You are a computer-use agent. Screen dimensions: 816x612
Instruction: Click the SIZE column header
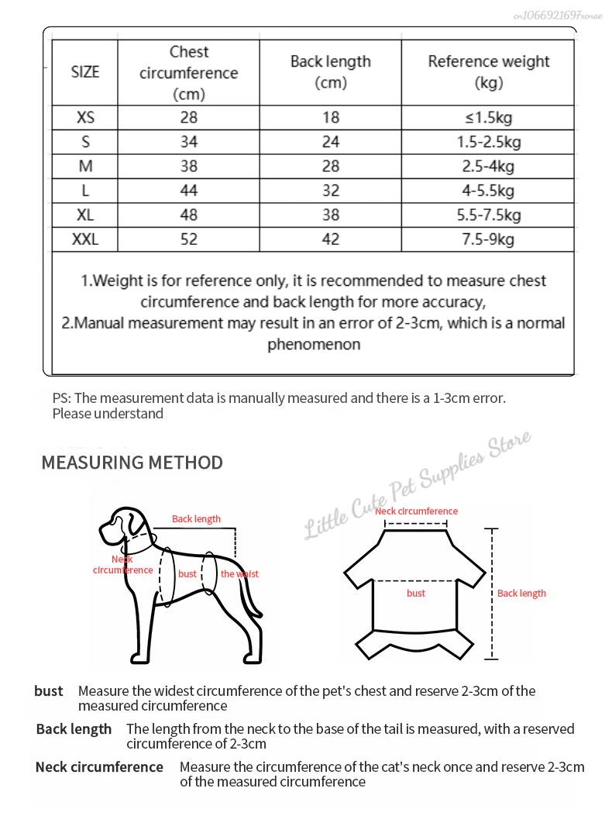[x=85, y=72]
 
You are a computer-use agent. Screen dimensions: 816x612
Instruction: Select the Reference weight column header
[x=488, y=72]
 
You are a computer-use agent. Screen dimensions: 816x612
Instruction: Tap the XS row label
[x=85, y=118]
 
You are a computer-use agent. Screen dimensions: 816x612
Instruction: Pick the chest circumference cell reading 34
[x=189, y=142]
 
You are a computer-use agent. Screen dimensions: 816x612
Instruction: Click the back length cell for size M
[x=331, y=166]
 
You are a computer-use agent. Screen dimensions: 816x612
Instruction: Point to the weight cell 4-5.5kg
[x=488, y=191]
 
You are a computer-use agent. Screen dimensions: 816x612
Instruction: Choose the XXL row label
[x=85, y=239]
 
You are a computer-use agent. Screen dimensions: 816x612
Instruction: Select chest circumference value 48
[x=189, y=215]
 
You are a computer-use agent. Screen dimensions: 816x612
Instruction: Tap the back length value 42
[x=331, y=239]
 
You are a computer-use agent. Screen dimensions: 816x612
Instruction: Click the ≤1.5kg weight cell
[x=488, y=118]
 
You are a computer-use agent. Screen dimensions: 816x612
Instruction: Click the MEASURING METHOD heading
[x=132, y=463]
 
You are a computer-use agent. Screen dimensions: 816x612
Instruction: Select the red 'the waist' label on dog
[x=239, y=574]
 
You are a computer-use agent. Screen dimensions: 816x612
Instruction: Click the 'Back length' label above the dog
[x=196, y=519]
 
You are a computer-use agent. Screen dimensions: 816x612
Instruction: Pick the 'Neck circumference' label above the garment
[x=416, y=511]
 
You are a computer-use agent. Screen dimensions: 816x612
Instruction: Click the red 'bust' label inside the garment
[x=416, y=594]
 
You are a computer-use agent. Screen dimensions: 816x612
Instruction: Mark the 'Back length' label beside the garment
[x=521, y=594]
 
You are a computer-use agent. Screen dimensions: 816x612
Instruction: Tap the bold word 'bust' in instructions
[x=49, y=691]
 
